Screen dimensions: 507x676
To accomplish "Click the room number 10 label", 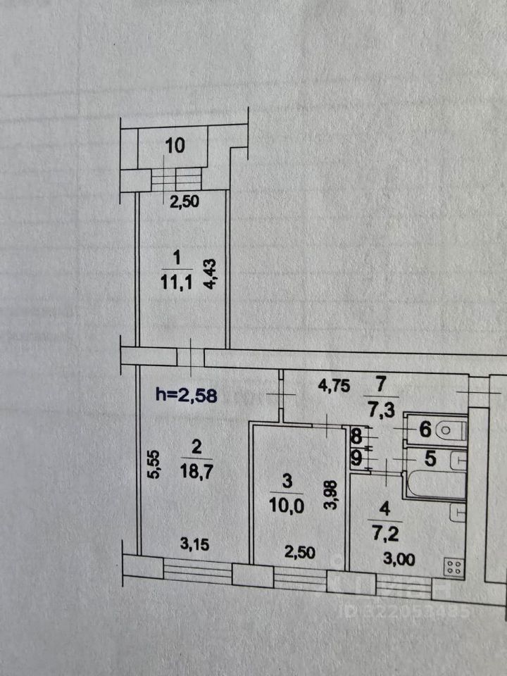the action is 175,146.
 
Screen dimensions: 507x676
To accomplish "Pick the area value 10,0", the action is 286,507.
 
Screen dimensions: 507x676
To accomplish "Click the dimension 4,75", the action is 334,386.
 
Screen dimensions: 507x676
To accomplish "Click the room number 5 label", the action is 431,458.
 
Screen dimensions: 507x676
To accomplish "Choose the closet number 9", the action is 356,458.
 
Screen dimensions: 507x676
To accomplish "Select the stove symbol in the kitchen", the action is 453,565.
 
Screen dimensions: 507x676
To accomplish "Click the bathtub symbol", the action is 430,484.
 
